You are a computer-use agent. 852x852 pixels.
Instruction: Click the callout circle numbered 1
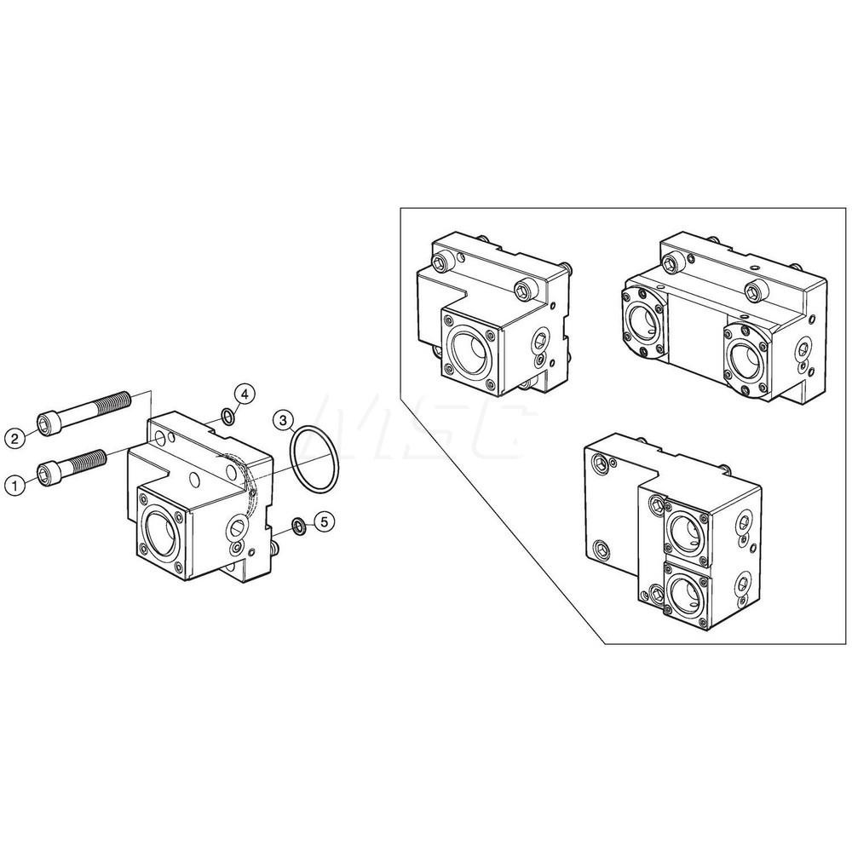point(14,484)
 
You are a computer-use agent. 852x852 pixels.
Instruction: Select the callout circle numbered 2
point(14,439)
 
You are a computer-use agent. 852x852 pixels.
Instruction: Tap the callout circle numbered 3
point(284,419)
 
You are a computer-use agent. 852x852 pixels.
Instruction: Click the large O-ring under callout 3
point(314,462)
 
